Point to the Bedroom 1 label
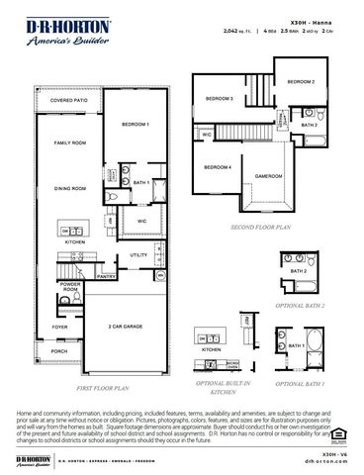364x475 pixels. pyautogui.click(x=135, y=125)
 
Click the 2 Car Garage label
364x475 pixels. pyautogui.click(x=127, y=326)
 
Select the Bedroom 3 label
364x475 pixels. pyautogui.click(x=219, y=99)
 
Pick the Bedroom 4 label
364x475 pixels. pyautogui.click(x=218, y=167)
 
